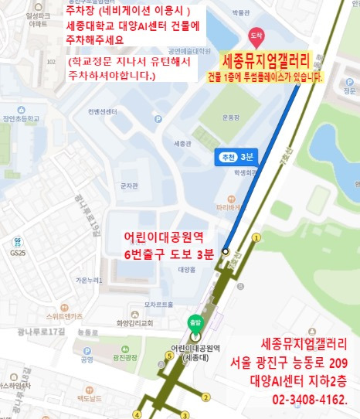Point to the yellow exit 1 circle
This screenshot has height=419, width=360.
click(x=256, y=237)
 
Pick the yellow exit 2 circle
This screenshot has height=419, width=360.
click(x=205, y=397)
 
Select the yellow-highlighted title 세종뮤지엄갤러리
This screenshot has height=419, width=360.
click(x=265, y=61)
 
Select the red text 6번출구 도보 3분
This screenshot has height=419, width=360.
click(x=168, y=255)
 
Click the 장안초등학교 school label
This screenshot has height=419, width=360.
click(x=21, y=118)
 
